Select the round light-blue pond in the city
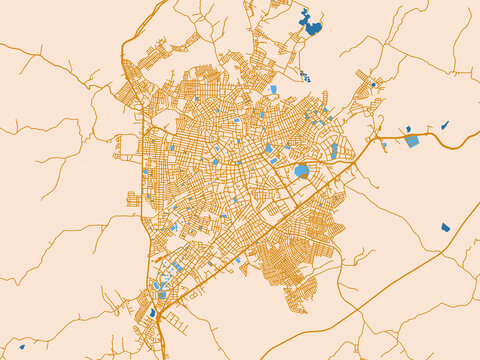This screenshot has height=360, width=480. [x=301, y=171]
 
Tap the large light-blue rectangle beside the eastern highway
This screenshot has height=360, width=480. [x=412, y=141]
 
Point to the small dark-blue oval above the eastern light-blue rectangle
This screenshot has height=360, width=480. [x=408, y=128]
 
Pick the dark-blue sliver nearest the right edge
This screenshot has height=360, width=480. [x=444, y=126]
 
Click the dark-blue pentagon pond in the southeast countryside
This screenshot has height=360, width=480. [x=445, y=227]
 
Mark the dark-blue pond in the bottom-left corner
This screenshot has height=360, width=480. [x=21, y=347]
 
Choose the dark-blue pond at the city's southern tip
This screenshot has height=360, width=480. [x=152, y=313]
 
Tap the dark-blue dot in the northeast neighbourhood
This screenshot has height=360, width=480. [x=374, y=84]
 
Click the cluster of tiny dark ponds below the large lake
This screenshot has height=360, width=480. [x=306, y=77]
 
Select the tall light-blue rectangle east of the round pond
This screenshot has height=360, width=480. [x=334, y=151]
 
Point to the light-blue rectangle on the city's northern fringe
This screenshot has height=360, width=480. [x=273, y=89]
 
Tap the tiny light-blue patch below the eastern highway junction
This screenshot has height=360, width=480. [x=384, y=145]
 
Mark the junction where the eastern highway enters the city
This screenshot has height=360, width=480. [x=377, y=136]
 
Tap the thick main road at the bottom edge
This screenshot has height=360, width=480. [x=160, y=357]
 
